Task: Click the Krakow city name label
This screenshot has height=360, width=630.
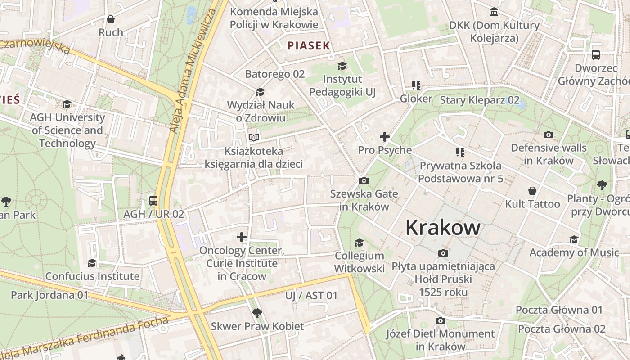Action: click(x=443, y=228)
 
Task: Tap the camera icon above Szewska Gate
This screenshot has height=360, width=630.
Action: click(x=364, y=181)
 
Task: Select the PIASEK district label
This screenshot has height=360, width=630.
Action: click(x=309, y=45)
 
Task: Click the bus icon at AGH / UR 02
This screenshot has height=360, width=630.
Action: click(x=153, y=201)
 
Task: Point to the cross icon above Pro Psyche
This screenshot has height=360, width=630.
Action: click(x=385, y=137)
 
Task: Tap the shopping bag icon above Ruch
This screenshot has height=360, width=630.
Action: click(x=111, y=19)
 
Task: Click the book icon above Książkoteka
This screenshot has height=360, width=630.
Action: click(x=254, y=137)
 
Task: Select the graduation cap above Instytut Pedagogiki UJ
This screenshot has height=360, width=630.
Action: click(x=342, y=66)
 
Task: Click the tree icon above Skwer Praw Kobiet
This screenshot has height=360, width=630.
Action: click(x=257, y=313)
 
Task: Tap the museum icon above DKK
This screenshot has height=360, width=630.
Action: click(x=494, y=12)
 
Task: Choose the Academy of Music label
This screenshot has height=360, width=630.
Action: click(x=574, y=252)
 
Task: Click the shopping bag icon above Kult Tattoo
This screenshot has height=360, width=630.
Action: click(x=532, y=191)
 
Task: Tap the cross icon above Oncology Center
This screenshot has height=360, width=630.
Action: click(x=242, y=237)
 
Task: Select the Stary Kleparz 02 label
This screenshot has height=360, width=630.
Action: click(x=479, y=100)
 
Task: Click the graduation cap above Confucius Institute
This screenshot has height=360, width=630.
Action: click(x=92, y=263)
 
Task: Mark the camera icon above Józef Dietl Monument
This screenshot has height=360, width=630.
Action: click(x=441, y=320)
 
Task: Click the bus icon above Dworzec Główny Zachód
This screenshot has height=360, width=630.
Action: click(x=596, y=55)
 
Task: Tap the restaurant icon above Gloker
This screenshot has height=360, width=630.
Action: click(x=416, y=85)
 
